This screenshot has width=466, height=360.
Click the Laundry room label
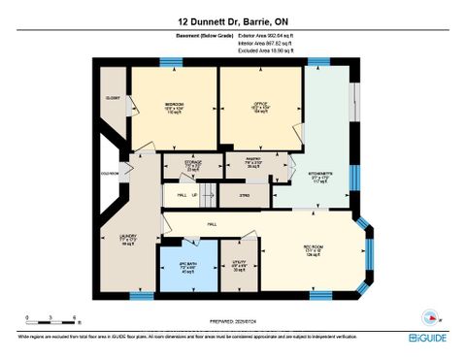[x=127, y=236]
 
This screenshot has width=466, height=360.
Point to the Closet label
[x=113, y=98]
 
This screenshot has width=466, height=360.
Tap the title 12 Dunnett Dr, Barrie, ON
[x=233, y=20]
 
